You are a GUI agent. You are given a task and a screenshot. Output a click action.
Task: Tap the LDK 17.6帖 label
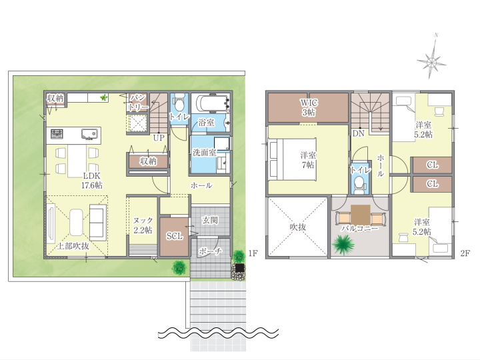point(92,180)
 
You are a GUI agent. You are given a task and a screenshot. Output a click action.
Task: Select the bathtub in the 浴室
point(211,103)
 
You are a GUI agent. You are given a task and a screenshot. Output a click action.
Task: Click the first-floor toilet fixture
point(179,103)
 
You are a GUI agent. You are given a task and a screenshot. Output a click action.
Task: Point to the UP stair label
point(159,138)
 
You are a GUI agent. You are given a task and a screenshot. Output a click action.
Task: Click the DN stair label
point(358,133)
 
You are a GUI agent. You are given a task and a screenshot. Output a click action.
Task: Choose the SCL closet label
point(175,236)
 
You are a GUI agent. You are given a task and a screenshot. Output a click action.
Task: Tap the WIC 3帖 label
point(309,107)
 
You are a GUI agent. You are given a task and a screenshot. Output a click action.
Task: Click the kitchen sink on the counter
point(90,134)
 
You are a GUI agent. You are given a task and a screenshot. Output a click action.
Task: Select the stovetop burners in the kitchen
point(57,134)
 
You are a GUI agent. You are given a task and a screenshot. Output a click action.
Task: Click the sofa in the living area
point(97,222)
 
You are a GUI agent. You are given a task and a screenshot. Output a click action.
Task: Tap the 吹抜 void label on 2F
point(298,227)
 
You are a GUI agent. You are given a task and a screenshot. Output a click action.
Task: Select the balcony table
point(361,215)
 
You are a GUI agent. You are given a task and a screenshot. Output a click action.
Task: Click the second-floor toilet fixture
point(359,185)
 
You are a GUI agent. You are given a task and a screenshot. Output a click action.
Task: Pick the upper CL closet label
point(432,165)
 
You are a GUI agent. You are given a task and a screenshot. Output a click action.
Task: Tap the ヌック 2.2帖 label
point(143,225)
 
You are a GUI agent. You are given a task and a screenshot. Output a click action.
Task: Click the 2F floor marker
point(465,253)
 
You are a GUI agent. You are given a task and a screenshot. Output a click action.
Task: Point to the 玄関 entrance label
point(210,220)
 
